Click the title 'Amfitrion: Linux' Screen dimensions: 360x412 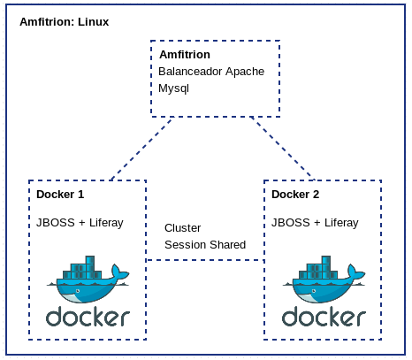point(64,21)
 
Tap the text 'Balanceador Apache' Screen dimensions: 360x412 point(210,72)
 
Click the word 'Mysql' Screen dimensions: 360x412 point(174,88)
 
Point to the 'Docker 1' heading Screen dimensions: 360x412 point(60,195)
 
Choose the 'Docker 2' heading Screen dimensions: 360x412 point(295,195)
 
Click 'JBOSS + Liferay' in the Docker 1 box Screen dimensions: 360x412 point(80,223)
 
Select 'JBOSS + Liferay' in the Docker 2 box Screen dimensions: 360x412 point(315,223)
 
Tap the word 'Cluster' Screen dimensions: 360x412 point(183,227)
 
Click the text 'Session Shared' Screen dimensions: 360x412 point(205,244)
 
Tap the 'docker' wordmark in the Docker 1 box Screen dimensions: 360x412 point(88,317)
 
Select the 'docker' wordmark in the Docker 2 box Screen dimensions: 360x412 point(323,317)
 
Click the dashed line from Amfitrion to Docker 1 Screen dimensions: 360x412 point(141,148)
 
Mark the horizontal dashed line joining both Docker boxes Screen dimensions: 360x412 point(205,260)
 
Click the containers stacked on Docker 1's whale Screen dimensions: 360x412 point(86,268)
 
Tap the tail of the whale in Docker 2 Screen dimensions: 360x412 point(357,275)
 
